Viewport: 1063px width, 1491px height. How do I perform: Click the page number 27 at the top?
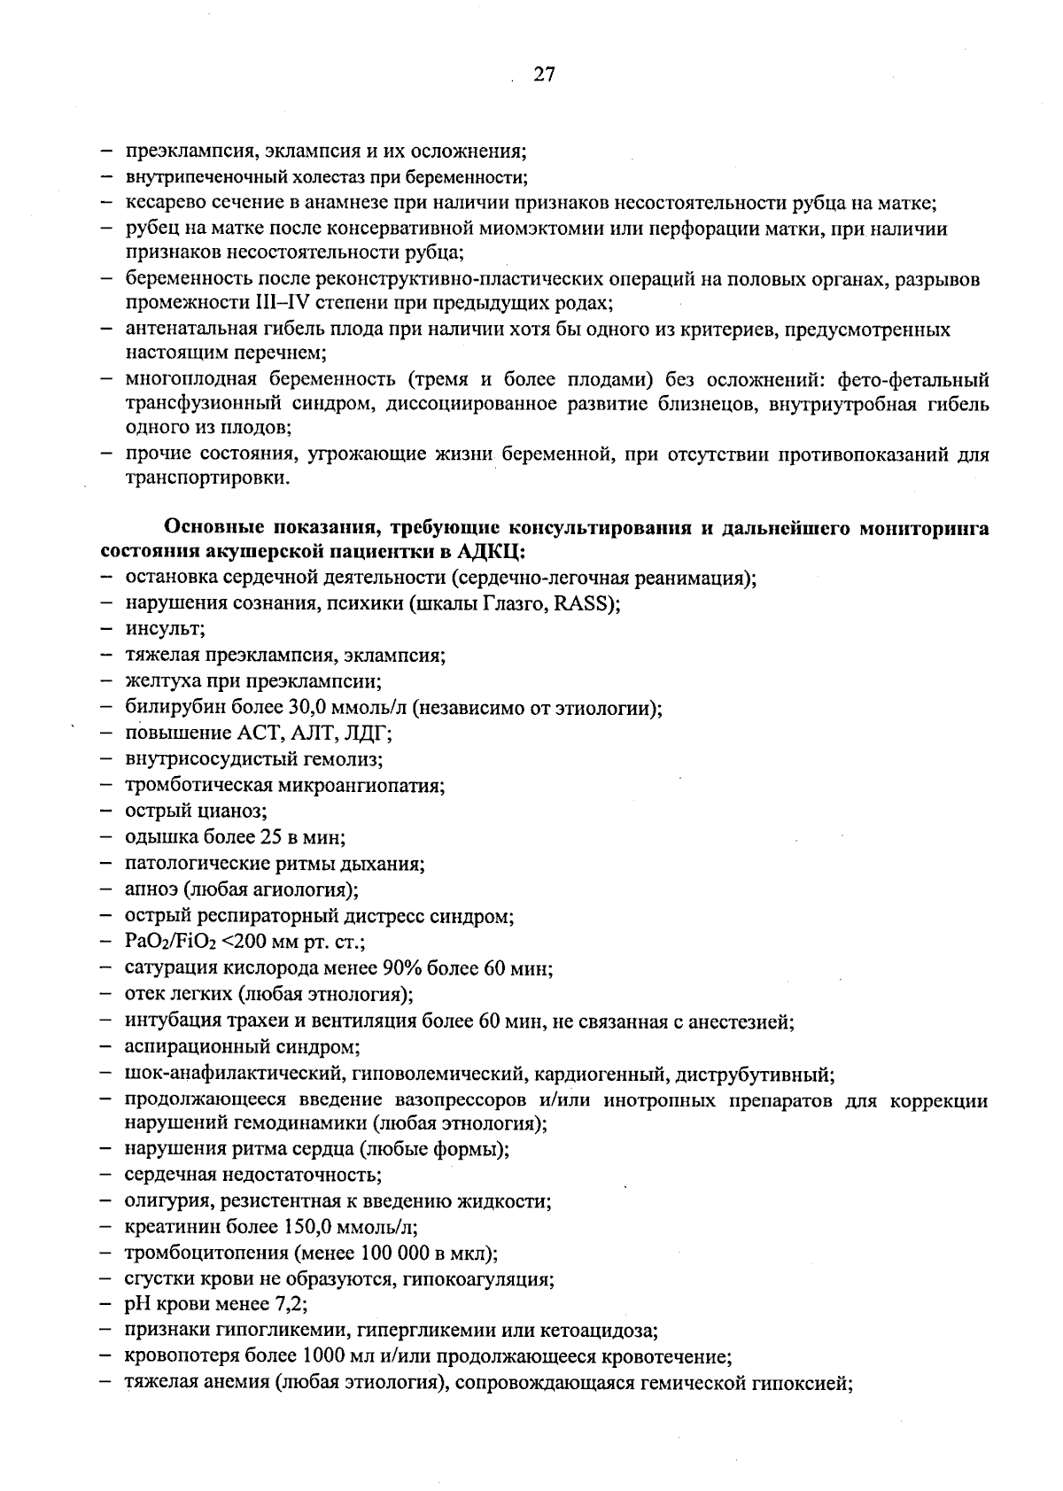[544, 75]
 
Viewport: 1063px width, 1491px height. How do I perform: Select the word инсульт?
[165, 630]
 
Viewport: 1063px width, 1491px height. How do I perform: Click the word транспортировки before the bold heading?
[205, 478]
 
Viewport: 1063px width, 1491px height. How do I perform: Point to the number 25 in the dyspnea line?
[270, 837]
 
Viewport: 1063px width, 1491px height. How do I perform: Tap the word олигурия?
[165, 1202]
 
